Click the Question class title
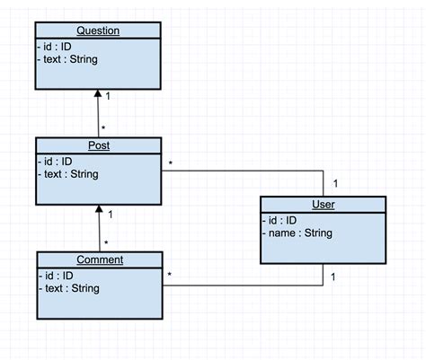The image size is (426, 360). coord(98,31)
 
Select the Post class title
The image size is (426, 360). coord(98,145)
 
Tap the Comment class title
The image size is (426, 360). coord(99,259)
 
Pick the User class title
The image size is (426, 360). coord(323,205)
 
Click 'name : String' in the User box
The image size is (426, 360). coord(298,233)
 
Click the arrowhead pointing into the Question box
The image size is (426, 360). coord(98,93)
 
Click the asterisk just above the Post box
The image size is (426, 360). coord(105,129)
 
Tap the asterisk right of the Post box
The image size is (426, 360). coord(170,162)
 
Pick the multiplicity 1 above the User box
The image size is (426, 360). coord(335,184)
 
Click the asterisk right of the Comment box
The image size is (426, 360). coord(170,274)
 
